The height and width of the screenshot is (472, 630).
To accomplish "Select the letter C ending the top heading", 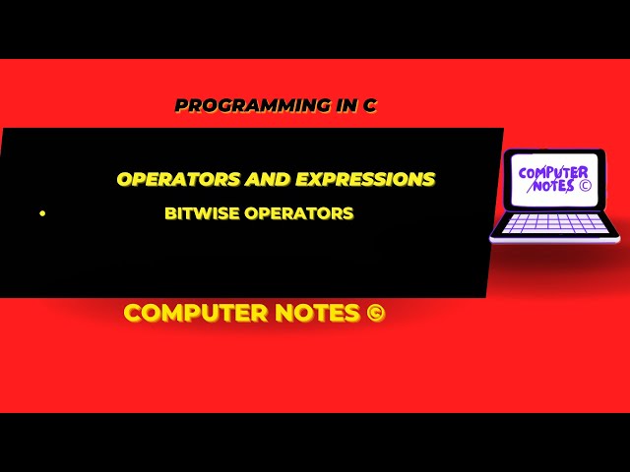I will [x=370, y=105].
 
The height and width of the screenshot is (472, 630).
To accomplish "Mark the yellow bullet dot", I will [x=42, y=212].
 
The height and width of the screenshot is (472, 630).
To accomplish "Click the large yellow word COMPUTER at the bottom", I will [x=196, y=314].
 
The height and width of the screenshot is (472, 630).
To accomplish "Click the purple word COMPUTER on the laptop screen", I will [x=554, y=174].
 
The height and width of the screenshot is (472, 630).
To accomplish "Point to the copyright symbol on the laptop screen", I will [x=585, y=184].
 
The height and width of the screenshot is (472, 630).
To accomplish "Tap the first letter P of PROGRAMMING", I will [x=180, y=105].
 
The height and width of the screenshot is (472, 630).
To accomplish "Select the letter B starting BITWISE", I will [x=170, y=212].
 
